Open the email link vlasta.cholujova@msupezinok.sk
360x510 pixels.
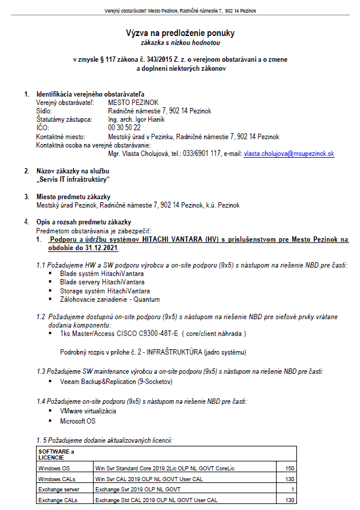289,154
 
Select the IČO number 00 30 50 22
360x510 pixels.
124,128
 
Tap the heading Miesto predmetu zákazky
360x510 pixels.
73,197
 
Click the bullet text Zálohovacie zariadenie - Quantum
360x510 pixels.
110,299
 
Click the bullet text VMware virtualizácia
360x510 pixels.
88,411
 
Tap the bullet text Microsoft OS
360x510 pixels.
78,421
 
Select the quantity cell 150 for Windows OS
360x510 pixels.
290,467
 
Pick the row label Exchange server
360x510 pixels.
58,490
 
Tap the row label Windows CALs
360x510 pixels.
56,479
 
